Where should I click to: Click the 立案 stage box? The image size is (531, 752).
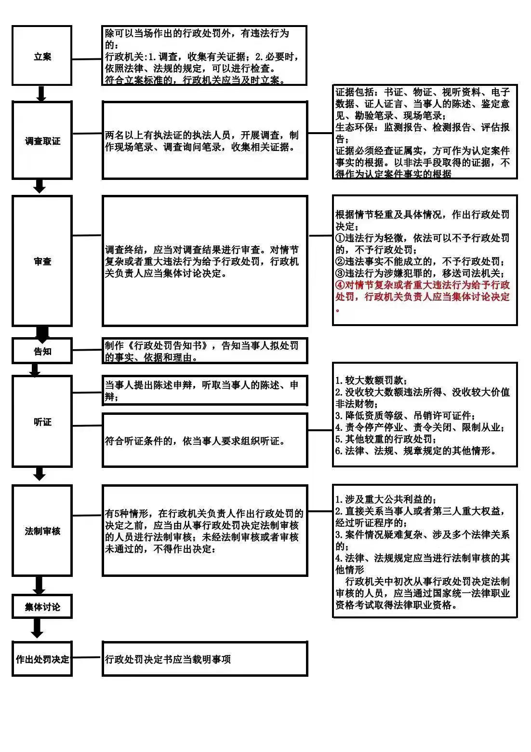(x=42, y=56)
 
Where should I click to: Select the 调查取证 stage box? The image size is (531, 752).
(x=42, y=140)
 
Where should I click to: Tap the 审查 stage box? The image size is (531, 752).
(x=42, y=261)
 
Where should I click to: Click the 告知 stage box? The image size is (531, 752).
(x=42, y=351)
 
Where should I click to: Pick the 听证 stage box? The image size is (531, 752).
(x=42, y=422)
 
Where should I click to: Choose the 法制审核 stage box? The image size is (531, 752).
(x=42, y=531)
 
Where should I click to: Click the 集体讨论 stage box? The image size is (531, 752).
(x=42, y=606)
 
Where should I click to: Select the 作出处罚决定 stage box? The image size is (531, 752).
(x=42, y=658)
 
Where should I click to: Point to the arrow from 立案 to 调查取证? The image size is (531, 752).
(x=41, y=94)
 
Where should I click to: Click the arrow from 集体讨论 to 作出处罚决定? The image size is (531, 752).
(x=37, y=628)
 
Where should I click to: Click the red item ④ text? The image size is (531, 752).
(x=422, y=291)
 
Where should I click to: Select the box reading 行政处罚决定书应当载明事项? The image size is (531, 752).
(x=205, y=658)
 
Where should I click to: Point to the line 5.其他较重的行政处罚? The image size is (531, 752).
(x=386, y=439)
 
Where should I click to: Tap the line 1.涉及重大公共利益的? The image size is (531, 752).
(x=385, y=499)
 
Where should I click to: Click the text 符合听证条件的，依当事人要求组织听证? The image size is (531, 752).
(x=195, y=440)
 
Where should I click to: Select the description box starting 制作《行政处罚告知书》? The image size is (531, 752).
(x=205, y=351)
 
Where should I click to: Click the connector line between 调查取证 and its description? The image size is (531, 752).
(x=87, y=133)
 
